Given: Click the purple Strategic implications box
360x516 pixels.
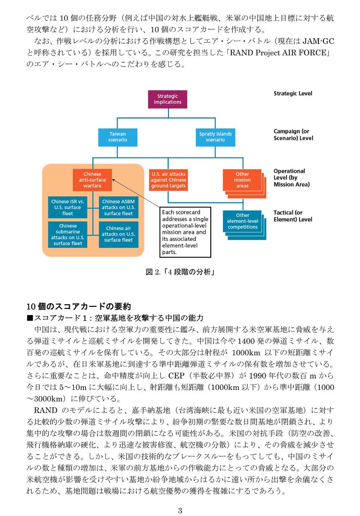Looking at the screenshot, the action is (167, 99).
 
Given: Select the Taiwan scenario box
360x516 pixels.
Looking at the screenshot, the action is (118, 137).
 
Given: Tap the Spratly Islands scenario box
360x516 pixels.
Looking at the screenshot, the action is (215, 137).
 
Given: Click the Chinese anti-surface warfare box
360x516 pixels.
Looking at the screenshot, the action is (92, 180).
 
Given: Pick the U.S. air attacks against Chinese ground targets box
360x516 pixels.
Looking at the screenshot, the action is (169, 180).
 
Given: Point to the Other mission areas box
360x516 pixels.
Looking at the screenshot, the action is (242, 180).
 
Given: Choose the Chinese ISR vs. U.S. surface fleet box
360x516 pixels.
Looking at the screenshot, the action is (68, 207).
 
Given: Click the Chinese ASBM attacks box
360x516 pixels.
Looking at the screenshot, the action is (119, 207).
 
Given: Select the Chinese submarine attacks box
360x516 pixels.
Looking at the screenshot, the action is (68, 235).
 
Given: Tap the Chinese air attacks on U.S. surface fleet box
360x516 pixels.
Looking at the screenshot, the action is (119, 235).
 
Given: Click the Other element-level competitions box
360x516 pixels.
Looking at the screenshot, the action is (242, 221).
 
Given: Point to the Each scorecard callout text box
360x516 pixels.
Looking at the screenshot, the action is (185, 232).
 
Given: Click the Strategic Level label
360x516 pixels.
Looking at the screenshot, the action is (293, 94).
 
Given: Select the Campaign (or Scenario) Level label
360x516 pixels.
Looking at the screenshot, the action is (293, 135).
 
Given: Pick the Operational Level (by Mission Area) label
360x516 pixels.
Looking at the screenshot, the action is (291, 178).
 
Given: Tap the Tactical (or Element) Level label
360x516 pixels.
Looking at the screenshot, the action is (293, 216).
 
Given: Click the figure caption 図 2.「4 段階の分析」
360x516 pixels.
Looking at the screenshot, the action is (180, 272).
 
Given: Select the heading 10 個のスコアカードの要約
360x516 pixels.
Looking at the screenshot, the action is (79, 306).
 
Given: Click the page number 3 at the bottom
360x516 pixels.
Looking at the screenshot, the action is (180, 510).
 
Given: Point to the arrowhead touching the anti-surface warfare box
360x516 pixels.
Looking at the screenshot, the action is (114, 180).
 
